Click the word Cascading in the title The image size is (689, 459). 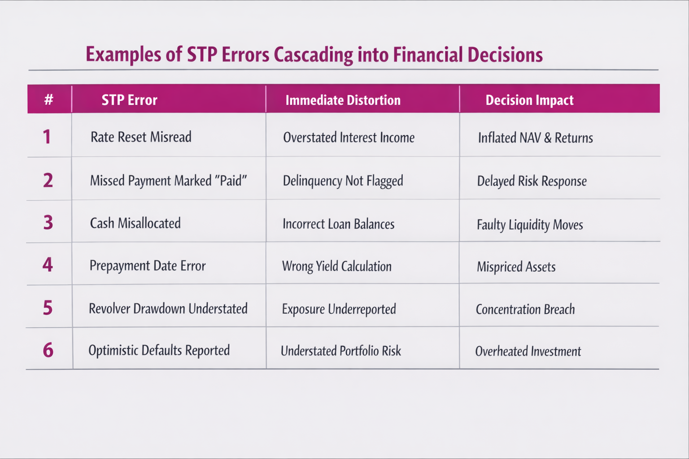(313, 55)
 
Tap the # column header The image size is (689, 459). (48, 100)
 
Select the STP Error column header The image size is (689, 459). (130, 100)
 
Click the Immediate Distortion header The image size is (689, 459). (343, 100)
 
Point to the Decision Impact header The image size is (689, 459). (529, 100)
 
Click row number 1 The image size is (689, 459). (47, 137)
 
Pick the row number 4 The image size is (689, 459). (48, 264)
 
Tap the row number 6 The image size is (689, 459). (48, 350)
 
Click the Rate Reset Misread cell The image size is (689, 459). (141, 137)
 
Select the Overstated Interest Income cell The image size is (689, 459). (349, 138)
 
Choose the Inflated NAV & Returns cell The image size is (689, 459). (535, 138)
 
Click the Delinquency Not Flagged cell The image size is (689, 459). (343, 181)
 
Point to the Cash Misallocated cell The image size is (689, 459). (135, 223)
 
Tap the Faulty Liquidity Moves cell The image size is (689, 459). (530, 225)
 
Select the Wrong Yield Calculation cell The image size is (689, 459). (337, 266)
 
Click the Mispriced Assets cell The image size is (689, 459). (516, 267)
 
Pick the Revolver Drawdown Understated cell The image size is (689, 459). (168, 309)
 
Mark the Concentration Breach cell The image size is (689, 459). (525, 309)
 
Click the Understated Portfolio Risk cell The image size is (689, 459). (341, 351)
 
